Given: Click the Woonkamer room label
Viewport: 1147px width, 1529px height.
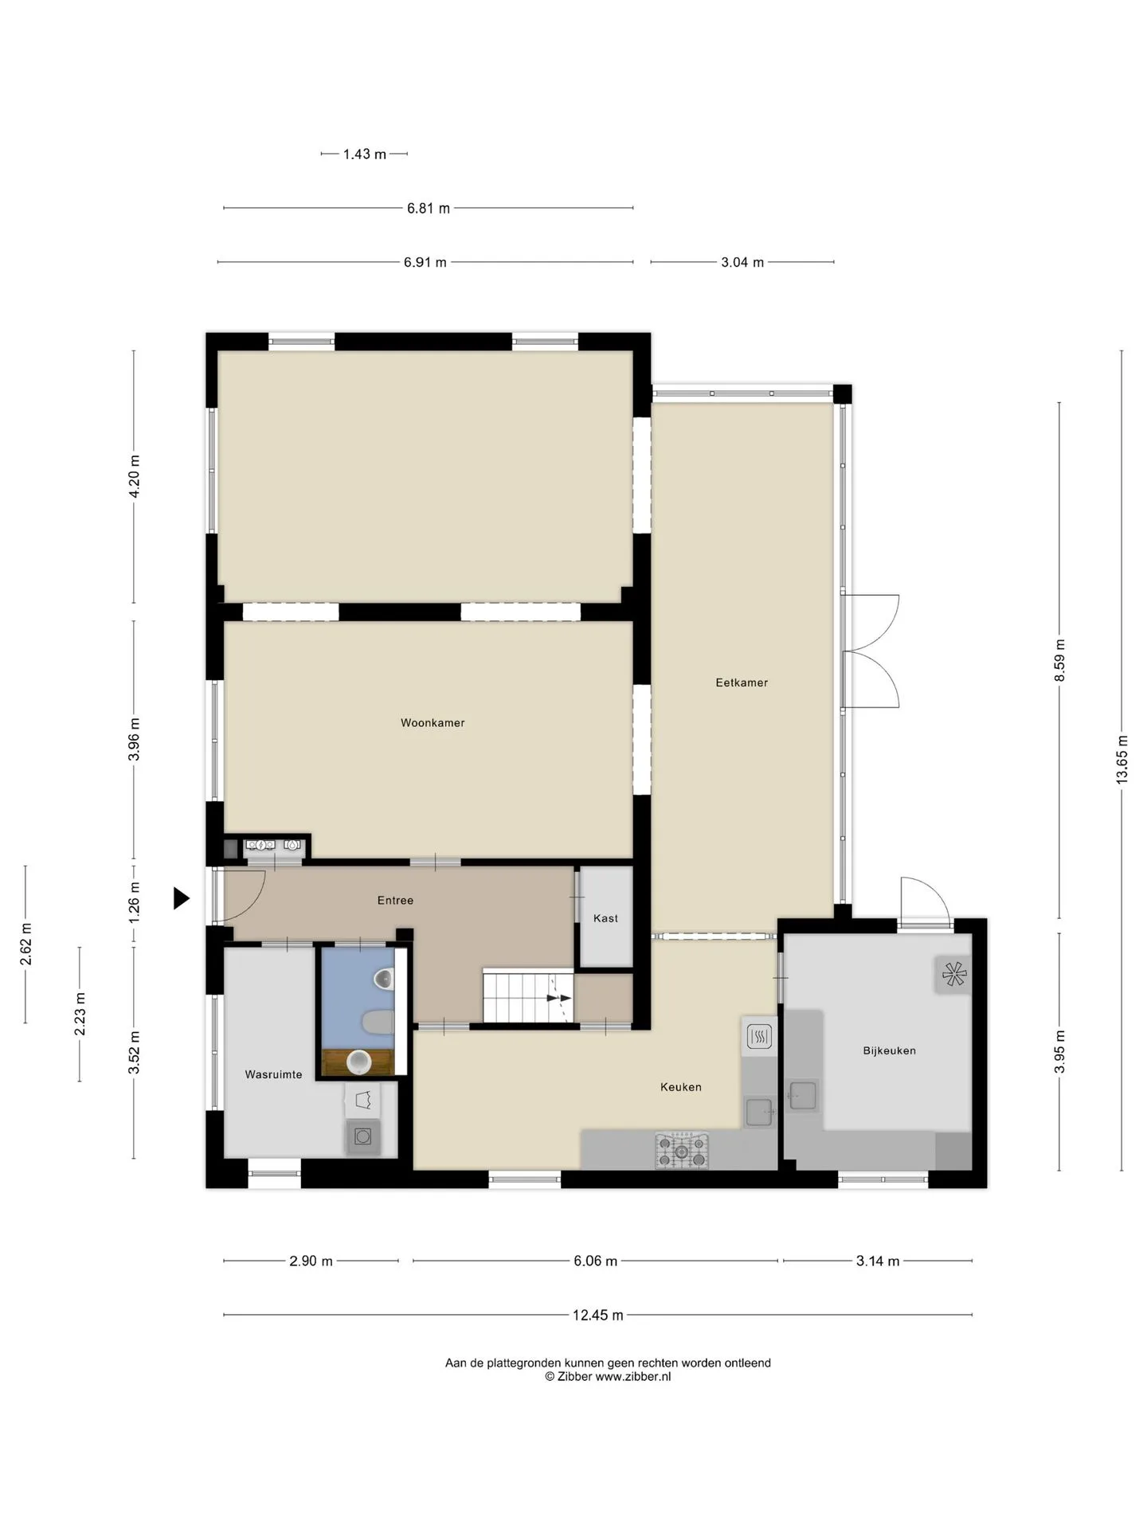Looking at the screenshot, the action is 433,723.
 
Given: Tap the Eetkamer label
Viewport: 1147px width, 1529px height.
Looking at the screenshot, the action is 742,682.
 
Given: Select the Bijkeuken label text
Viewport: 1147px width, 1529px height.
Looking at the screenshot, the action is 889,1050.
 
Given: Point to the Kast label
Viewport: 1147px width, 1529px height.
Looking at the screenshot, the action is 605,918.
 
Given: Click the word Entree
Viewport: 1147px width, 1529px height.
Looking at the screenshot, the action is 395,901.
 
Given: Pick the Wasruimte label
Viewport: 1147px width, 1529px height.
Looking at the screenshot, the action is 273,1074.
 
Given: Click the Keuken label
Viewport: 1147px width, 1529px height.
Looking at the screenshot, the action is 681,1087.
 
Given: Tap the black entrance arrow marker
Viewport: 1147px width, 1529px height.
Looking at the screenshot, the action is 182,899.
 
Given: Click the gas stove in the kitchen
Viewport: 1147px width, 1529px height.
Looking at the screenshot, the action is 681,1150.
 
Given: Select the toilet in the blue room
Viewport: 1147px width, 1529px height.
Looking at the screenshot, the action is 378,1023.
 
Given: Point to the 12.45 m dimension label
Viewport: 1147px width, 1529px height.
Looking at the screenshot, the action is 597,1315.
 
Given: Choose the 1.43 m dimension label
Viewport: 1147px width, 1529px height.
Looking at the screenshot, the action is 365,154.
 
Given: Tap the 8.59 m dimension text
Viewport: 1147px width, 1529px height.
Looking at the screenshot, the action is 1059,660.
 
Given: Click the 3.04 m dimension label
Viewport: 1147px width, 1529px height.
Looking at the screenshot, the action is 742,262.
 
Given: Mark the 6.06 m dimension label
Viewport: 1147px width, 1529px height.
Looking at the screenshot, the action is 596,1261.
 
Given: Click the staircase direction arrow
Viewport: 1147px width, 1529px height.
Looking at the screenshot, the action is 559,997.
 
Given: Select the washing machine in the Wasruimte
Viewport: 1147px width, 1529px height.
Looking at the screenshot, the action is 363,1136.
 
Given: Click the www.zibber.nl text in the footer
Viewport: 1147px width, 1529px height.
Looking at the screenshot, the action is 633,1376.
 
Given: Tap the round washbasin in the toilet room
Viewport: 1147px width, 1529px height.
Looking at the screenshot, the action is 360,1061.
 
